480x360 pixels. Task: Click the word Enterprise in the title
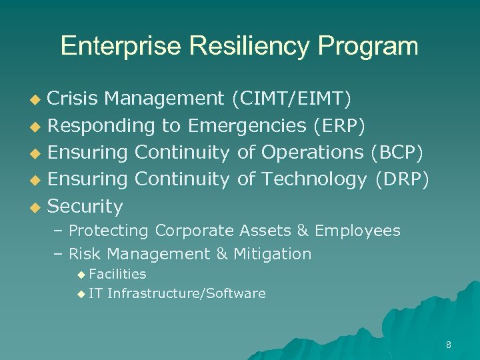point(120,46)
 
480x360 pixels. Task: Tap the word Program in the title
point(368,46)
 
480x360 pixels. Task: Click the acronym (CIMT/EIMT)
point(291,99)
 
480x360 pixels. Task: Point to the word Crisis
point(73,99)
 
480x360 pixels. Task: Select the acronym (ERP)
point(339,126)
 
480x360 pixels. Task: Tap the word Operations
point(312,153)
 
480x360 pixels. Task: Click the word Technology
point(314,179)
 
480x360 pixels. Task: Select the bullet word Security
point(85,207)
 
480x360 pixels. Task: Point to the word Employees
point(357,231)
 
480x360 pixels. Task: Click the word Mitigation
point(272,254)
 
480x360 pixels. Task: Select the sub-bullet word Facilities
point(117,274)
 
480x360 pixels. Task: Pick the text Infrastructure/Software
point(186,293)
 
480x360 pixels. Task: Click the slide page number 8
point(448,345)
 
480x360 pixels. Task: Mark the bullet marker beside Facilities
point(81,274)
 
